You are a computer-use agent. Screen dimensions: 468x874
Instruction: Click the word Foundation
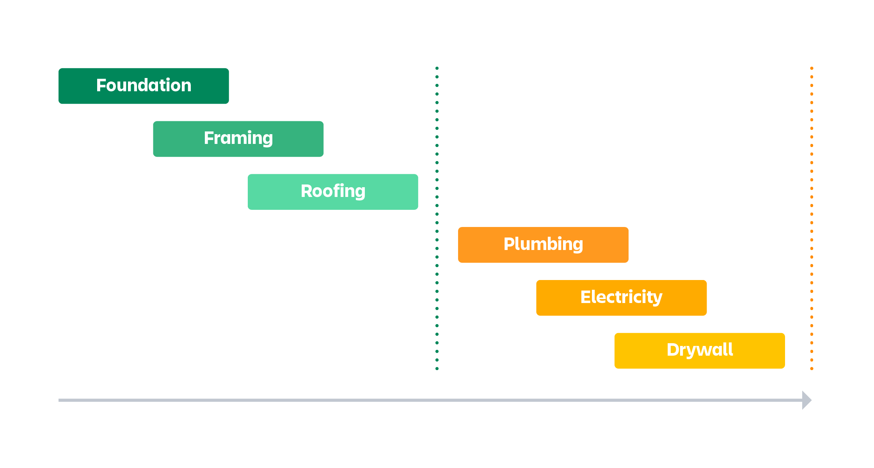tap(144, 85)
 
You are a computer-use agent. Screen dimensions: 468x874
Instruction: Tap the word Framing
tap(238, 138)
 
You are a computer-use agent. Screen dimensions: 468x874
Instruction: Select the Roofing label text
tap(333, 191)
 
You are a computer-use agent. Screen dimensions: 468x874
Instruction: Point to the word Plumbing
tap(543, 244)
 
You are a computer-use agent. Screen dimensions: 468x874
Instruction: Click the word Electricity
tap(621, 297)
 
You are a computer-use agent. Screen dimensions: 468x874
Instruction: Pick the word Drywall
tap(700, 350)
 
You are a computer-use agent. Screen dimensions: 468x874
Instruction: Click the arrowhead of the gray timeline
tap(807, 400)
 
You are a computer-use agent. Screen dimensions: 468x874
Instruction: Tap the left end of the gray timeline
tap(60, 400)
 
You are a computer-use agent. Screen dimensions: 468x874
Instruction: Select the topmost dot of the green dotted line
tap(437, 68)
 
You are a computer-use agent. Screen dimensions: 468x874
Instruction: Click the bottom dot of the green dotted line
tap(437, 369)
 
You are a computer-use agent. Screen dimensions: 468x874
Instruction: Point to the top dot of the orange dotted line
tap(812, 68)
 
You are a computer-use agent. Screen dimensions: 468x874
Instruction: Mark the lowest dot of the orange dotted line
tap(812, 369)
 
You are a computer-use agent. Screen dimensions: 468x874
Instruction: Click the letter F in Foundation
tap(101, 85)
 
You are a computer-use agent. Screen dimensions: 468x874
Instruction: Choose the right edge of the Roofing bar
tap(417, 192)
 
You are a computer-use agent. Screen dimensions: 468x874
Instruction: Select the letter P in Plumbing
tap(509, 244)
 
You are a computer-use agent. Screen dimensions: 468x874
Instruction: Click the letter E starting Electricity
tap(586, 297)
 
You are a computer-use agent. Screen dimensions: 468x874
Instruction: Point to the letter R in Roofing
tap(307, 191)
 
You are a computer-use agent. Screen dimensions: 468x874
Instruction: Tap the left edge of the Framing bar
tap(154, 139)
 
